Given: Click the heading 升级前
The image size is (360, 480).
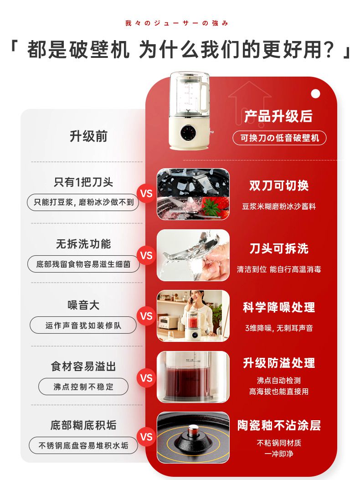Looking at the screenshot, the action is tap(88, 136).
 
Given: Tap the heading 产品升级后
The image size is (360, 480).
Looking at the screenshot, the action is tap(278, 116).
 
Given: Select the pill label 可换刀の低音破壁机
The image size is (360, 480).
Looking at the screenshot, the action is tap(279, 138).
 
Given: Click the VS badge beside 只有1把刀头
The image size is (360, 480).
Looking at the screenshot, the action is tap(146, 193).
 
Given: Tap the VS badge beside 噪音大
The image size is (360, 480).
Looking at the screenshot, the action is tap(146, 316).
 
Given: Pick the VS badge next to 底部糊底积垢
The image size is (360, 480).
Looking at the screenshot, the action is tap(146, 437).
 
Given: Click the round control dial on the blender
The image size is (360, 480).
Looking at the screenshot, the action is tap(187, 133).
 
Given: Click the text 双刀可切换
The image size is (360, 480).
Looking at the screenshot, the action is tap(279, 186).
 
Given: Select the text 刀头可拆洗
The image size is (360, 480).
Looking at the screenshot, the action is tap(279, 248).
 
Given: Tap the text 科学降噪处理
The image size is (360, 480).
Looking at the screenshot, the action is tap(279, 308).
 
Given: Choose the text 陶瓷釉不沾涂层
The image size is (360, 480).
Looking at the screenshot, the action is tap(279, 425).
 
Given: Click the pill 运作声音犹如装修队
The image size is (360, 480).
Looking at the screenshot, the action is tap(83, 325).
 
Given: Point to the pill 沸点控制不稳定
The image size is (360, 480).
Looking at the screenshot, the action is tap(83, 387).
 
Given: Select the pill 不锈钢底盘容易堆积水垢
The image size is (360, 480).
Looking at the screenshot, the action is tap(83, 445).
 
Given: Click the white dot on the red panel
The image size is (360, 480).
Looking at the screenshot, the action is tap(315, 93).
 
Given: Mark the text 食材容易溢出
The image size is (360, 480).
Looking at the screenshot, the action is tap(83, 366).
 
